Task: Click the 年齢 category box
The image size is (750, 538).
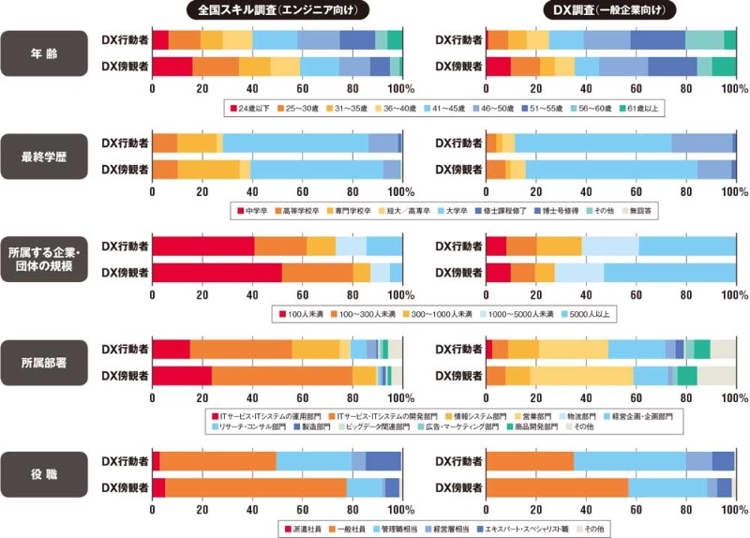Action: click(45, 53)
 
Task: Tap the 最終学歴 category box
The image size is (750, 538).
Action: click(45, 155)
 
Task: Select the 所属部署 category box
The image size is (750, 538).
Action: click(45, 361)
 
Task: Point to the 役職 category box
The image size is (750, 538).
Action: click(45, 475)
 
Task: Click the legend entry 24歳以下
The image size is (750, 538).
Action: click(252, 110)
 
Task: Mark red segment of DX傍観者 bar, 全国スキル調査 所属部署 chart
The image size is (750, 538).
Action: click(182, 375)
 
